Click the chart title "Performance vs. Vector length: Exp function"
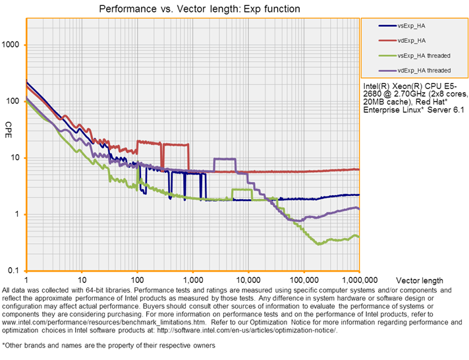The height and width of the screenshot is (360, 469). click(x=199, y=9)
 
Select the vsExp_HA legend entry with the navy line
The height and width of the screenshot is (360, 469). click(x=411, y=26)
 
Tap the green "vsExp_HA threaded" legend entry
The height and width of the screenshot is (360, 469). click(x=424, y=55)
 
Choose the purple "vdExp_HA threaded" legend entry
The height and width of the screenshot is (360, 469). click(x=424, y=70)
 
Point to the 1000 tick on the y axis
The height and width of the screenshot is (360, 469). click(x=13, y=45)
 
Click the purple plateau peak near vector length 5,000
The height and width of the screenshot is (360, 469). click(x=225, y=159)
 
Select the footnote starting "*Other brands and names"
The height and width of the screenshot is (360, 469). click(x=109, y=345)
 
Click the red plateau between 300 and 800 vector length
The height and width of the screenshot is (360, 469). click(x=176, y=143)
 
